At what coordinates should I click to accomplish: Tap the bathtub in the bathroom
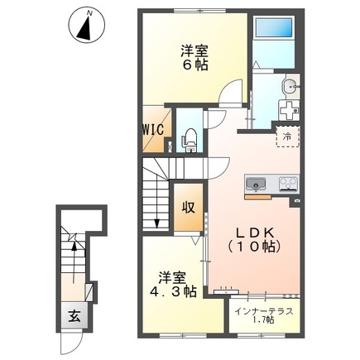coord(274,27)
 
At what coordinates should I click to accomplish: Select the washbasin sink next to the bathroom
coord(290,87)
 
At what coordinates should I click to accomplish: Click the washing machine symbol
coord(289,110)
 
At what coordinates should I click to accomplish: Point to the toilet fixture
coord(190,140)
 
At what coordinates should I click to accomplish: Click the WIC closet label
coord(153,129)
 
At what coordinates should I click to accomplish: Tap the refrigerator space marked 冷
coord(288,137)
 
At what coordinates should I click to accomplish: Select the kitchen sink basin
coord(256,184)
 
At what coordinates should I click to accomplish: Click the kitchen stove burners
coord(289,183)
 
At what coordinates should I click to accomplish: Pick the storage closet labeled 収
coord(189,207)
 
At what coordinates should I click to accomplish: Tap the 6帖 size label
coord(194,65)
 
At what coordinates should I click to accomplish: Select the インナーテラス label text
coord(264,312)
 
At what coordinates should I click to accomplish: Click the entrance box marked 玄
coord(74,315)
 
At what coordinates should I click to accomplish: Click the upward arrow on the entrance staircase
coord(74,262)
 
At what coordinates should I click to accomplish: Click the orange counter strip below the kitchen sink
coord(258,197)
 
